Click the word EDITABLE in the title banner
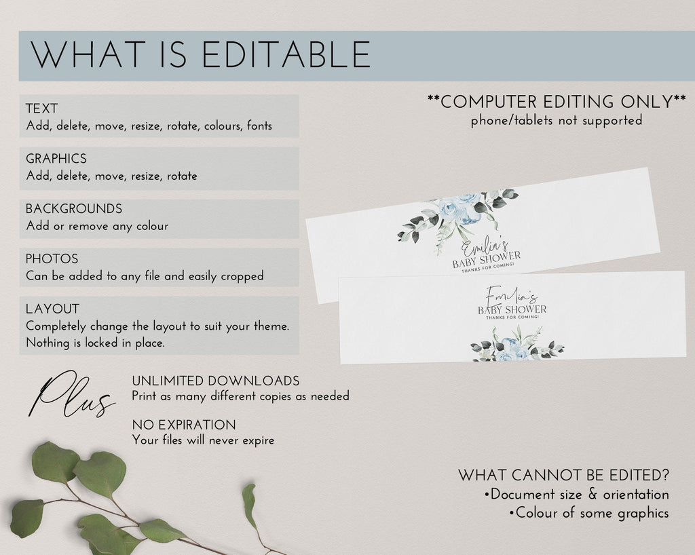[x=286, y=54]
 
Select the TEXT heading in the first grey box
[x=41, y=109]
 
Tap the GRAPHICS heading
[x=56, y=159]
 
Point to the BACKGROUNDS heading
[x=74, y=208]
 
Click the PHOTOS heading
[x=52, y=259]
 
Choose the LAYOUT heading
[x=53, y=309]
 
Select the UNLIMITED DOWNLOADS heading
[x=216, y=381]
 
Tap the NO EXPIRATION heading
[x=184, y=425]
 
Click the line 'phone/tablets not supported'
[x=557, y=121]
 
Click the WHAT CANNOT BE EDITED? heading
[x=563, y=475]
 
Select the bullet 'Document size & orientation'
[x=577, y=495]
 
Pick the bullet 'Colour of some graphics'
[x=589, y=513]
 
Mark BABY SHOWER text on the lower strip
[x=512, y=309]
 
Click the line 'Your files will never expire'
[x=203, y=440]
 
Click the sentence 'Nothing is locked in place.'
[x=95, y=343]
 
